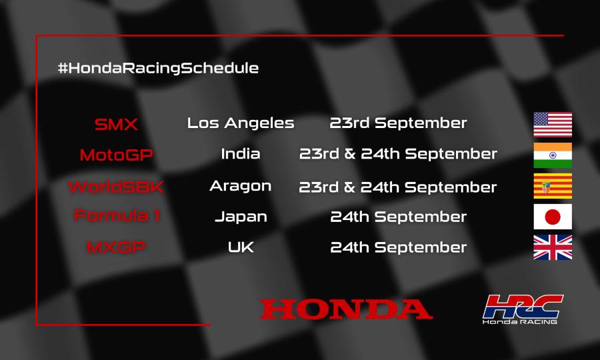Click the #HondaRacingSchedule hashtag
pyautogui.click(x=158, y=68)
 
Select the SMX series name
pyautogui.click(x=116, y=124)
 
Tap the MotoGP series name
pyautogui.click(x=116, y=155)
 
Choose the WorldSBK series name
pyautogui.click(x=116, y=187)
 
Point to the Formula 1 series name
pyautogui.click(x=116, y=217)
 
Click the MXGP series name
pyautogui.click(x=116, y=247)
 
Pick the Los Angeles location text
pyautogui.click(x=241, y=123)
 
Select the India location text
pyautogui.click(x=241, y=154)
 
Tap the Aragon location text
pyautogui.click(x=241, y=186)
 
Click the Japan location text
pyautogui.click(x=241, y=217)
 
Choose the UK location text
pyautogui.click(x=241, y=247)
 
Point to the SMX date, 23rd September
pyautogui.click(x=398, y=123)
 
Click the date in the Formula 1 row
pyautogui.click(x=398, y=217)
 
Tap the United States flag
pyautogui.click(x=553, y=124)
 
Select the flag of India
pyautogui.click(x=553, y=155)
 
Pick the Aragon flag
pyautogui.click(x=553, y=187)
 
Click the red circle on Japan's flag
pyautogui.click(x=553, y=217)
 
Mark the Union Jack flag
pyautogui.click(x=553, y=247)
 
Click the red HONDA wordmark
pyautogui.click(x=346, y=309)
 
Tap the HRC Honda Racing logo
pyautogui.click(x=522, y=309)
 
